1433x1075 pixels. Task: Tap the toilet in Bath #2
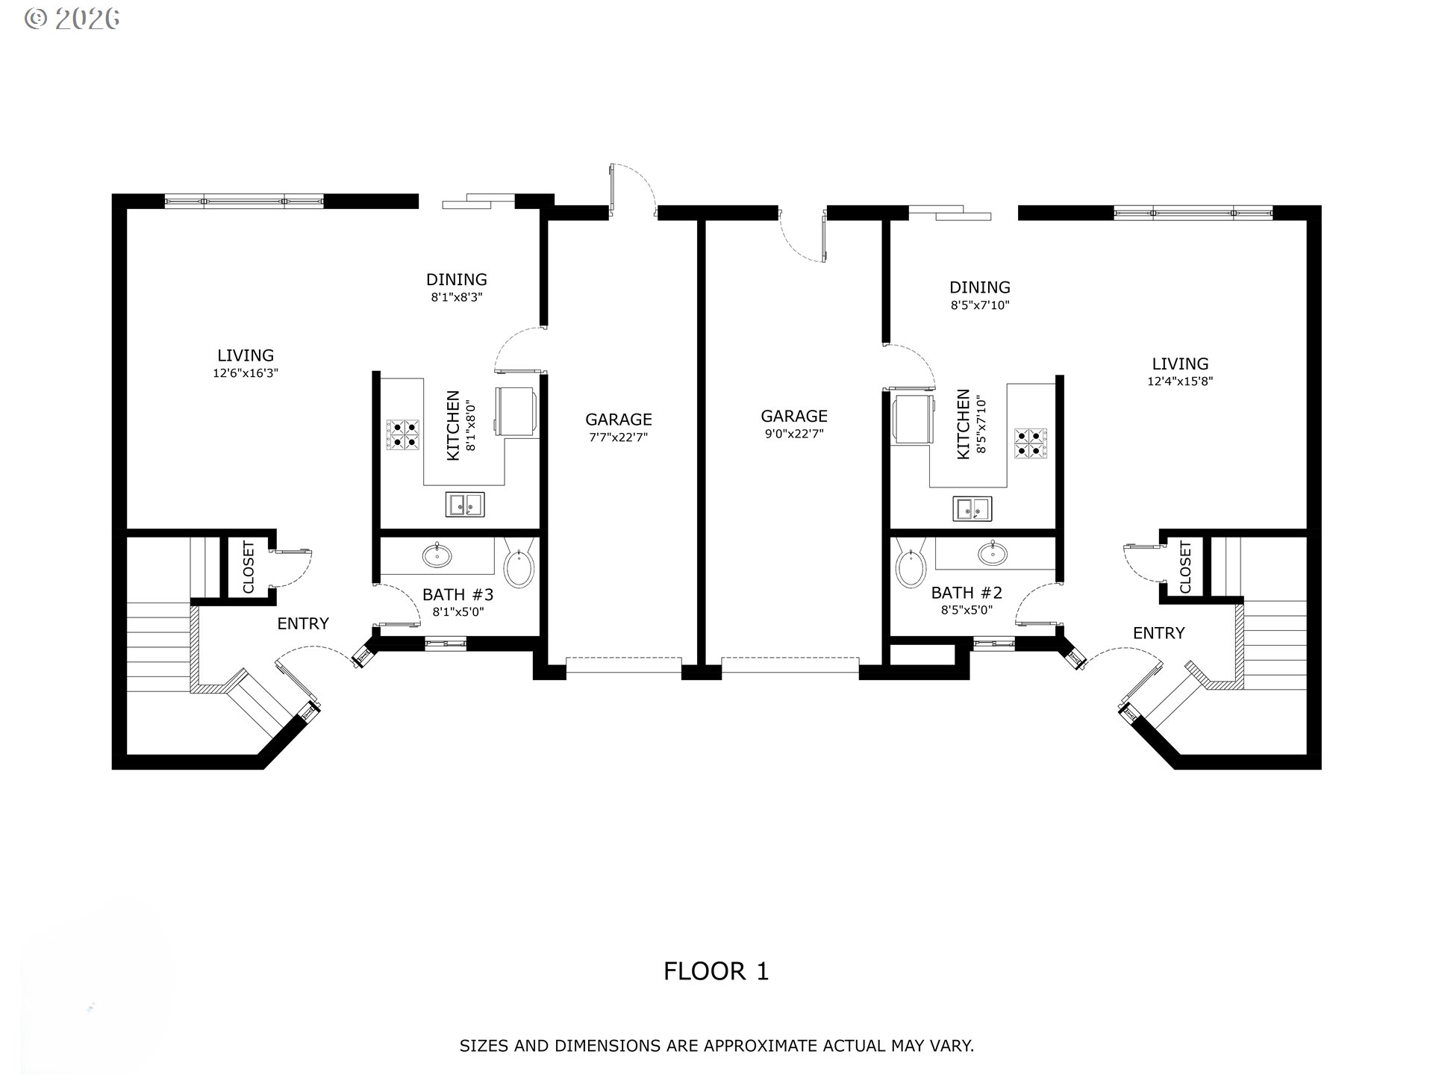click(911, 563)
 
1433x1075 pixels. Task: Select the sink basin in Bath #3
click(437, 555)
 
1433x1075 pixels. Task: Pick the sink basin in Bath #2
click(993, 553)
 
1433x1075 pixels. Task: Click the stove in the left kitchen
click(402, 435)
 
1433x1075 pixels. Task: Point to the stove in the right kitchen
click(1031, 443)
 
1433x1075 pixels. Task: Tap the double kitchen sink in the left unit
click(465, 505)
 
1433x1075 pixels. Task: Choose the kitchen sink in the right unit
click(972, 508)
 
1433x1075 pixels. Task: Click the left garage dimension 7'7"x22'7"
click(618, 437)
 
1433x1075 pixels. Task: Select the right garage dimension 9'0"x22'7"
click(794, 434)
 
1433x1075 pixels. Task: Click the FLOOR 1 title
click(716, 971)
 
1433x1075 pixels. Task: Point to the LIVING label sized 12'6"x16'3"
click(246, 355)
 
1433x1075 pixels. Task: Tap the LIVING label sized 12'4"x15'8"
click(1180, 364)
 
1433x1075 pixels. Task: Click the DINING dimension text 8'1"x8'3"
click(457, 297)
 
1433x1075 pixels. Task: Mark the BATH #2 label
click(967, 593)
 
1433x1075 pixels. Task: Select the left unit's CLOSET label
click(249, 567)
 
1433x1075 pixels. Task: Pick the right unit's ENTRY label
click(1158, 633)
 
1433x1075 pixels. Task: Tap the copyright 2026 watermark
click(72, 19)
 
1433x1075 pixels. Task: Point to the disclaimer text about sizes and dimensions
click(716, 1046)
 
